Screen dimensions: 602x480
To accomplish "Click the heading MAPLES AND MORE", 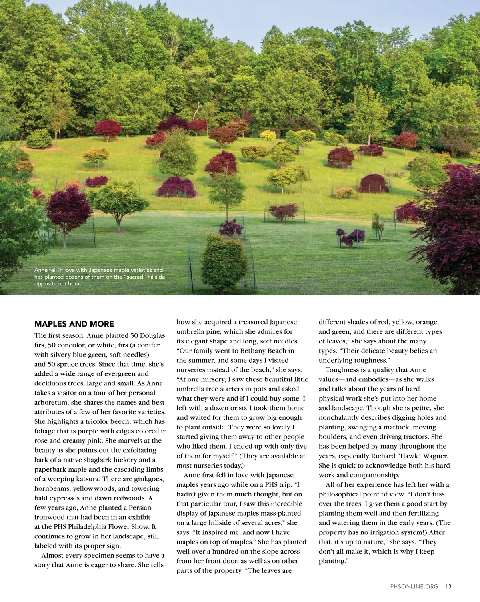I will (74, 324).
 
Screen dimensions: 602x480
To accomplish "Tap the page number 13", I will (448, 586).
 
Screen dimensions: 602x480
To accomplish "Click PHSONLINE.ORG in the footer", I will (414, 586).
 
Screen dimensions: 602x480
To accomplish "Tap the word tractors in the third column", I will (416, 437).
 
